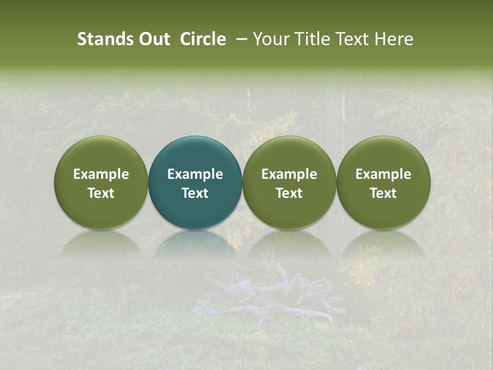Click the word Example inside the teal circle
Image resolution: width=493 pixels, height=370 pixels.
pyautogui.click(x=195, y=174)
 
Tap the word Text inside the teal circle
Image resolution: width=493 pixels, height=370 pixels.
pyautogui.click(x=195, y=193)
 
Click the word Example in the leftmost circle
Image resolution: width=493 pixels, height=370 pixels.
pyautogui.click(x=101, y=174)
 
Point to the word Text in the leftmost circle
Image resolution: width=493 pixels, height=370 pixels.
pyautogui.click(x=101, y=193)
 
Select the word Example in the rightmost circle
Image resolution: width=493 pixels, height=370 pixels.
pyautogui.click(x=383, y=174)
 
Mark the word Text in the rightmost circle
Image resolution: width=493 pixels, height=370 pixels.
pyautogui.click(x=383, y=193)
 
